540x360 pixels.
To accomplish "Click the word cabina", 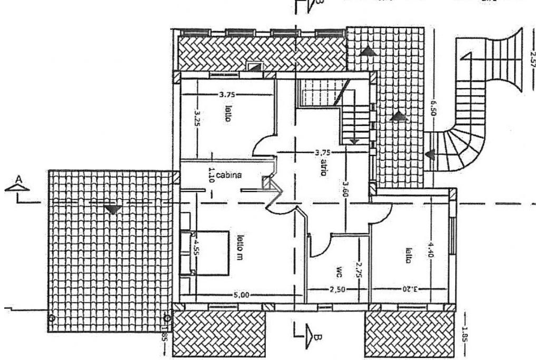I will click(229, 176).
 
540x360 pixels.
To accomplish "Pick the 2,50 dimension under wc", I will click(333, 289).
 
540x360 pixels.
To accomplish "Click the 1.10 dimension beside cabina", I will click(211, 173).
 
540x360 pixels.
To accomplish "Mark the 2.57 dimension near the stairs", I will click(532, 60).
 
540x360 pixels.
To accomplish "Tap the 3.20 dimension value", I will click(412, 289).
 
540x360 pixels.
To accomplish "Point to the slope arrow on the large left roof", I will click(111, 210).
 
